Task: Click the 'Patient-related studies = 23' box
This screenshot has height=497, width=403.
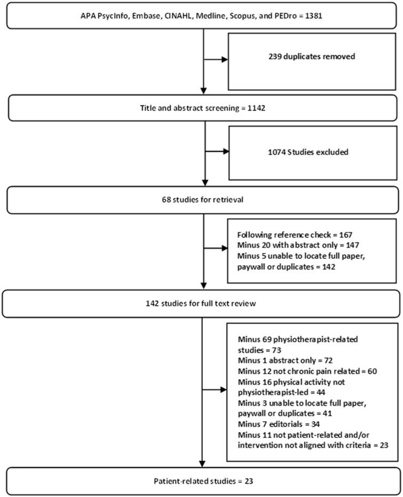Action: click(202, 482)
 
